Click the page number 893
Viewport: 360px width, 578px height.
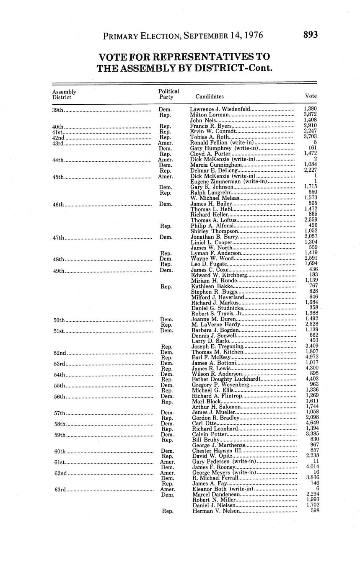(311, 35)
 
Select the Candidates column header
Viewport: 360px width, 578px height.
(210, 96)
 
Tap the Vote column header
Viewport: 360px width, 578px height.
(311, 96)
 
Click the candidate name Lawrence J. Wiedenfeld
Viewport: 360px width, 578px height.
(220, 109)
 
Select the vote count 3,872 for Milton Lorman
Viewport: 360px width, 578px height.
(310, 115)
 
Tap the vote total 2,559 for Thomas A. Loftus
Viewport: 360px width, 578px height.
(311, 219)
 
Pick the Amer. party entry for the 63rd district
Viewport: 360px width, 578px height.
(167, 489)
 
